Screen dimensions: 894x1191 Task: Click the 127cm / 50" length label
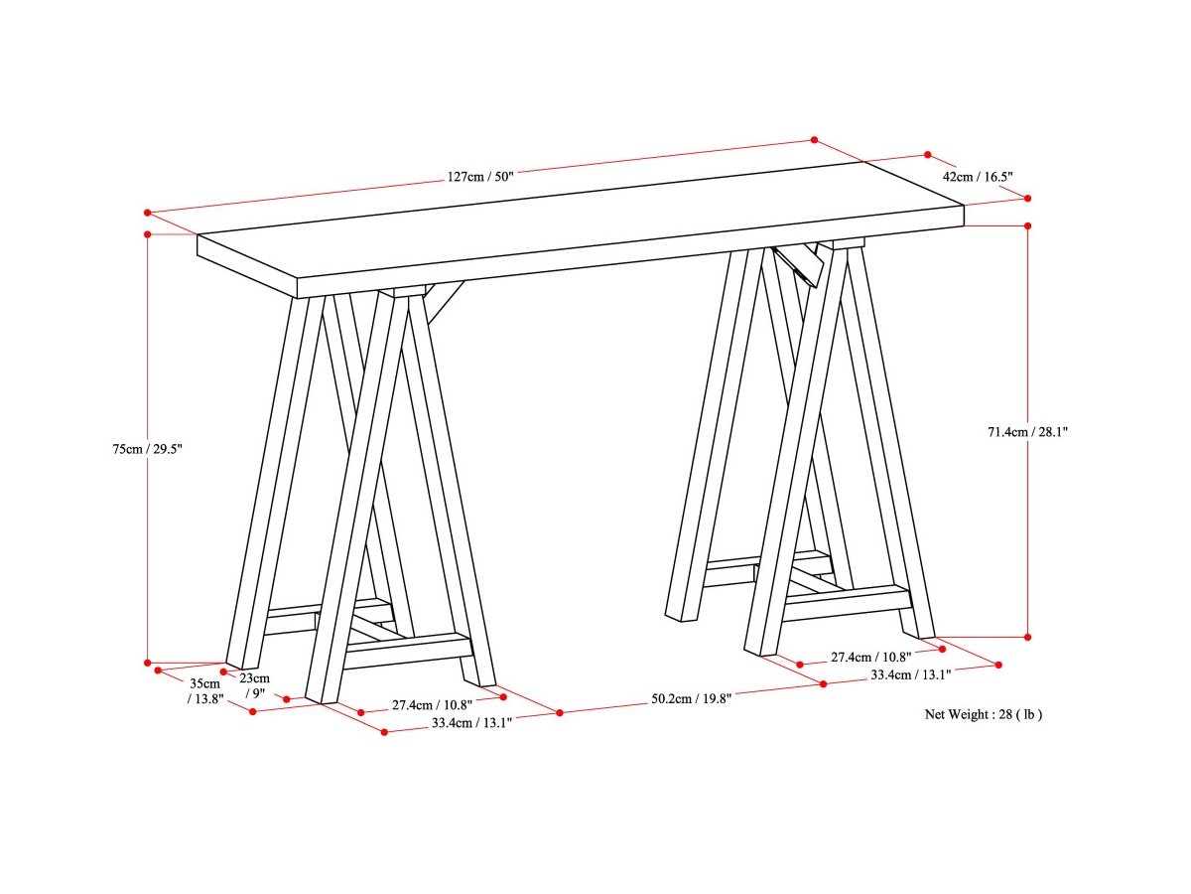[x=479, y=177]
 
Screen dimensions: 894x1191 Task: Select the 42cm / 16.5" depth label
[x=977, y=176]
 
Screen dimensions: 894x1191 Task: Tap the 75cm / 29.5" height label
[x=148, y=449]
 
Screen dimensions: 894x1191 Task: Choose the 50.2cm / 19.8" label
[x=691, y=698]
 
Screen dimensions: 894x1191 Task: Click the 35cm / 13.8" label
[x=206, y=690]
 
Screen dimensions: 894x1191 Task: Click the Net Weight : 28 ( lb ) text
[x=983, y=714]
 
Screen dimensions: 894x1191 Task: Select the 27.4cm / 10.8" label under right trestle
[x=870, y=657]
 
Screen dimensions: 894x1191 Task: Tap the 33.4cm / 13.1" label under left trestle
[x=470, y=723]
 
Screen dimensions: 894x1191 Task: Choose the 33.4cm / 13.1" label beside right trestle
[x=910, y=674]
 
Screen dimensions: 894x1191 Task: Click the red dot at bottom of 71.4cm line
[x=1027, y=637]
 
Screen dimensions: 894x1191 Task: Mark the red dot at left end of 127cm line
[x=147, y=213]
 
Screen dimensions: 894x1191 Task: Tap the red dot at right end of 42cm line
[x=1027, y=197]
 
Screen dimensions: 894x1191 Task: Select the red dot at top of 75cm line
[x=147, y=234]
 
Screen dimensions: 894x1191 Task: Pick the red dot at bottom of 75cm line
[x=147, y=662]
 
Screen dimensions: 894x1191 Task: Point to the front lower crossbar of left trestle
[x=407, y=651]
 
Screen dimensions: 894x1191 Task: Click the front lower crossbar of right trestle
[x=849, y=601]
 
